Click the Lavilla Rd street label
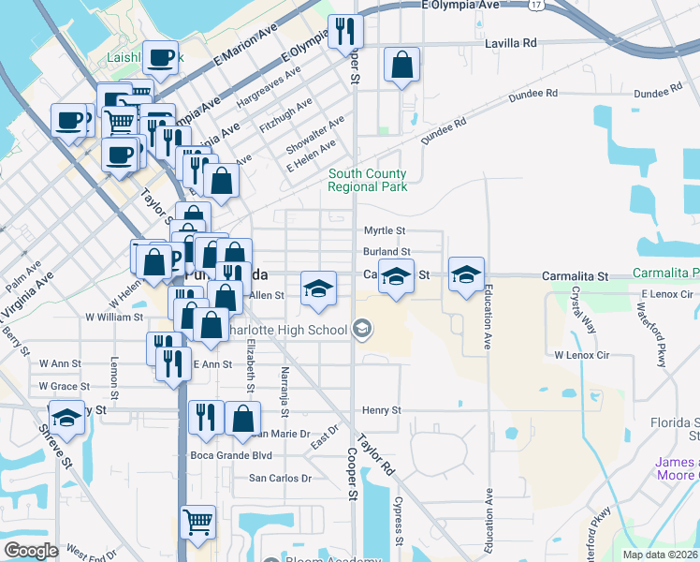[511, 43]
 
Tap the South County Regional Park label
[367, 180]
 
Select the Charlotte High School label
[301, 330]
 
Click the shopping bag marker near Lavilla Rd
[401, 65]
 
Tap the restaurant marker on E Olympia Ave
[345, 33]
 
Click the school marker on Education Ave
[467, 274]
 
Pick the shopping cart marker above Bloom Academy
[197, 524]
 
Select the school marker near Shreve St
[66, 418]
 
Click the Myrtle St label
[384, 230]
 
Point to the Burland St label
[386, 252]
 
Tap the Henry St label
[382, 410]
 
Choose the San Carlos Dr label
[280, 478]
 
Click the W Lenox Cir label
[581, 356]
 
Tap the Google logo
[31, 550]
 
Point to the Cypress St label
[398, 521]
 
